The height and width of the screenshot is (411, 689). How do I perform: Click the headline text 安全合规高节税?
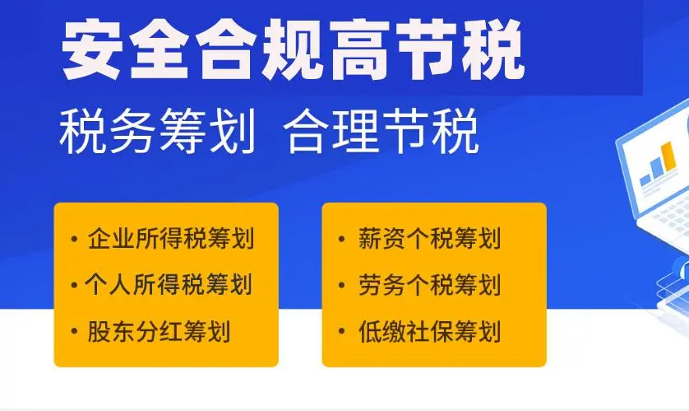point(293,49)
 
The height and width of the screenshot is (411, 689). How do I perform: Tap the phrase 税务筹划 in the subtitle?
point(157,131)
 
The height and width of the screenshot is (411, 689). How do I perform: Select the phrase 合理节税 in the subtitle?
point(381,131)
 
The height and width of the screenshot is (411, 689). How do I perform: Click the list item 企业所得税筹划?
point(171,239)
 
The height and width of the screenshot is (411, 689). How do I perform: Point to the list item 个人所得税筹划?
point(169,284)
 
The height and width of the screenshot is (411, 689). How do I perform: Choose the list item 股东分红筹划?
point(159,331)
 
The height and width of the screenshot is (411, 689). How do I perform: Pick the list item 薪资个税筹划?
point(429,239)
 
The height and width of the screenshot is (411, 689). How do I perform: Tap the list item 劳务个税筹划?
point(429,285)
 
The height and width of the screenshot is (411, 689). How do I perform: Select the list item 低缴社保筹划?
point(429,331)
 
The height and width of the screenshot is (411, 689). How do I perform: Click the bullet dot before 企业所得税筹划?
point(74,240)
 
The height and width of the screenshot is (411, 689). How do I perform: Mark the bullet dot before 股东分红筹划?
point(74,331)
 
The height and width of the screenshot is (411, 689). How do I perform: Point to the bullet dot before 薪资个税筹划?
point(342,240)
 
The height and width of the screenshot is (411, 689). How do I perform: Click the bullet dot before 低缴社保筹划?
point(342,331)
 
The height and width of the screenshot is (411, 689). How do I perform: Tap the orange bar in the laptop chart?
point(668,157)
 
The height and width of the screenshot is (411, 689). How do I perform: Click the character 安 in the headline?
point(92,49)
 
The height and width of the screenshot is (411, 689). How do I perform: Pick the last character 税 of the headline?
point(494,49)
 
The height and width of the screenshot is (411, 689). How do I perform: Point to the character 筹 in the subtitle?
point(183,131)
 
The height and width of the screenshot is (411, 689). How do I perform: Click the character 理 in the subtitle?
point(355,131)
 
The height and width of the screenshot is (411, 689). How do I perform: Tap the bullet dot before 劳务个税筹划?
point(342,285)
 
